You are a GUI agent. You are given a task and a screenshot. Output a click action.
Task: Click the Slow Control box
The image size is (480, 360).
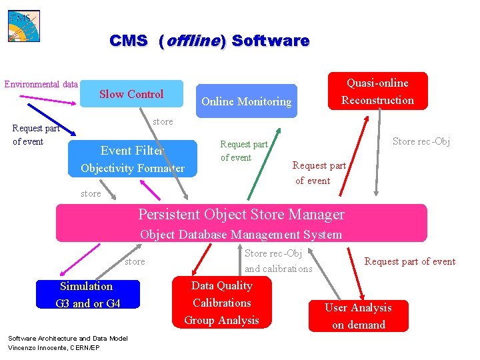131,94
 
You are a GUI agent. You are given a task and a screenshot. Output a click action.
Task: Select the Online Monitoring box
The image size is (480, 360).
247,101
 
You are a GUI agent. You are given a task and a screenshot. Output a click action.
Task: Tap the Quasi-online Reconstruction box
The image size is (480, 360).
377,91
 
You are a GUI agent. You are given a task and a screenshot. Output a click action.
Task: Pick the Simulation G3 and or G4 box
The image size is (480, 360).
88,295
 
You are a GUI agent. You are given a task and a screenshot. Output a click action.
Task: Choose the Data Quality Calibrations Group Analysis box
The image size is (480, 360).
222,303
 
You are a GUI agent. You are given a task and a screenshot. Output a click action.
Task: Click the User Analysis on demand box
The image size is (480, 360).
358,316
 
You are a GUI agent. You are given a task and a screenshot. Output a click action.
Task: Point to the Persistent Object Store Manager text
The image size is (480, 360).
241,215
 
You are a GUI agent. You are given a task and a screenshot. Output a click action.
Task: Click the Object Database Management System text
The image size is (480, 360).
241,235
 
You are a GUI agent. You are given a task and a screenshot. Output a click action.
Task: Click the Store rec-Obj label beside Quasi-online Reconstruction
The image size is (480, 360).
421,141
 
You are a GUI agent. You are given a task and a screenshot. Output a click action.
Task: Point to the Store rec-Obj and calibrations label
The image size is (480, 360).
278,261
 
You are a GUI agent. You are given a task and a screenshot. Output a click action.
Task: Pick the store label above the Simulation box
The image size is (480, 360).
135,262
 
